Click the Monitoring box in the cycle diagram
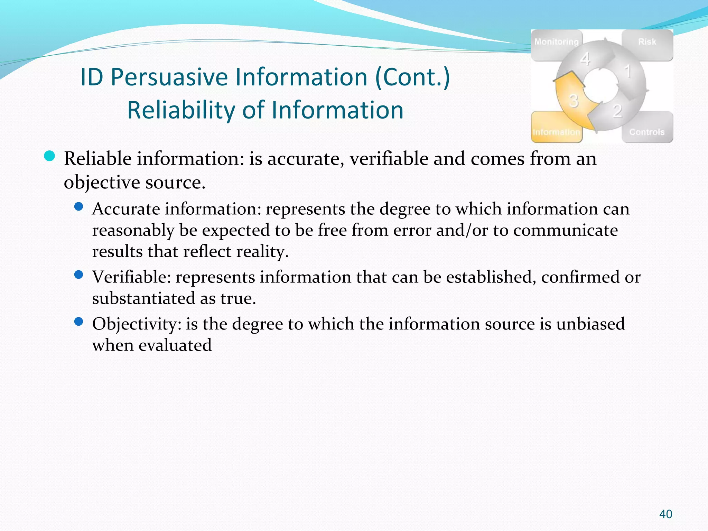pyautogui.click(x=556, y=42)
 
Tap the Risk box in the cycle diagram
pyautogui.click(x=647, y=42)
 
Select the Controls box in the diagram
pyautogui.click(x=647, y=132)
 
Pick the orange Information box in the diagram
pyautogui.click(x=556, y=132)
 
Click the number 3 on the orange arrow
pyautogui.click(x=574, y=101)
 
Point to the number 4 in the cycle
pyautogui.click(x=585, y=59)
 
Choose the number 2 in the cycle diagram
pyautogui.click(x=617, y=111)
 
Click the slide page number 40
pyautogui.click(x=665, y=514)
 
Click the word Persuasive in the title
pyautogui.click(x=169, y=77)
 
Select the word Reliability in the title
pyautogui.click(x=181, y=110)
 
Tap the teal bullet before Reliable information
pyautogui.click(x=50, y=156)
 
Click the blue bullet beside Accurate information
pyautogui.click(x=79, y=207)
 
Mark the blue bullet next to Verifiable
pyautogui.click(x=79, y=275)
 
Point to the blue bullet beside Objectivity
pyautogui.click(x=79, y=322)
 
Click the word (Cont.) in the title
pyautogui.click(x=412, y=77)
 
